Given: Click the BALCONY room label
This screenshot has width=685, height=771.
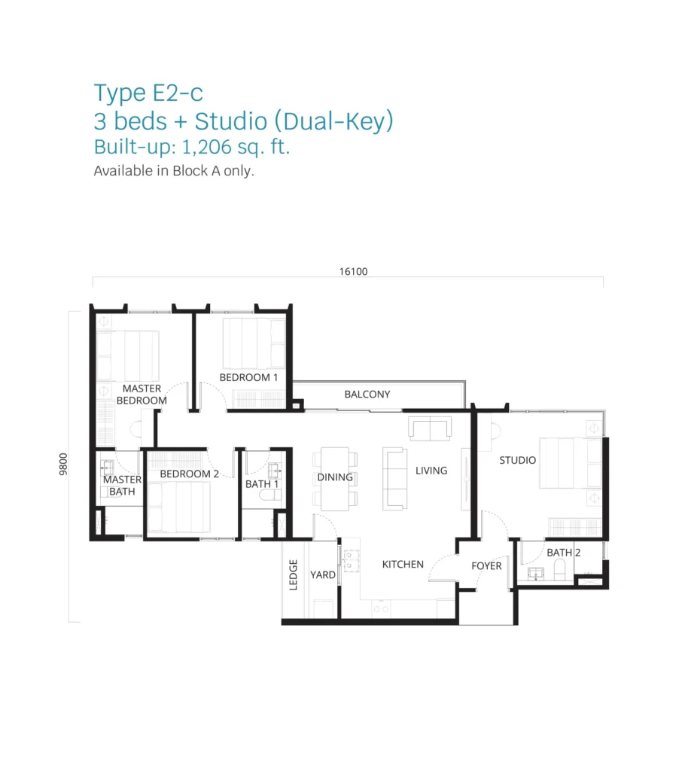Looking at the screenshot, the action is pos(367,395).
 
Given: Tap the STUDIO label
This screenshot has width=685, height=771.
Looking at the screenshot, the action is pos(517,460).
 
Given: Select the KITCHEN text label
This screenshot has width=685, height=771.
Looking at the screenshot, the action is pos(403,565).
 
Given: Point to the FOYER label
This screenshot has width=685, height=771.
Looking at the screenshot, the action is pos(486,566).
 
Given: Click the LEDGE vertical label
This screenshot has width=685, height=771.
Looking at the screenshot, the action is pos(294,574).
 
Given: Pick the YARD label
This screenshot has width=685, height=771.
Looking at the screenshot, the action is pos(323,574).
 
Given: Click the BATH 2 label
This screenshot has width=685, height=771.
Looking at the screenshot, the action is pos(564,553).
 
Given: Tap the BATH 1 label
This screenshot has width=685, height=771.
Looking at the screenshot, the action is pos(262,484).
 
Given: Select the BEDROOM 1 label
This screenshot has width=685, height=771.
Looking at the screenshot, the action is pos(248,378).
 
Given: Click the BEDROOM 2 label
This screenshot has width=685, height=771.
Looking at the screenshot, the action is pos(190,474).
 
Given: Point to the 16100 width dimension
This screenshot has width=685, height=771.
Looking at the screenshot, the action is pos(353,271).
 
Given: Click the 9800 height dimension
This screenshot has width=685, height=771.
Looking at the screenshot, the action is pos(63,464).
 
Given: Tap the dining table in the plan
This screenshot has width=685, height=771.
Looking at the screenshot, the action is pos(335,478).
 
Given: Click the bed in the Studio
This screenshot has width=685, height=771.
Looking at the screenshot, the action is pos(571,463).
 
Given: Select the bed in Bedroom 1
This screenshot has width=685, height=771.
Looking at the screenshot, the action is pos(254,343).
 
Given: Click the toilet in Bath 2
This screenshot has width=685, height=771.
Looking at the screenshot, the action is pos(560,569).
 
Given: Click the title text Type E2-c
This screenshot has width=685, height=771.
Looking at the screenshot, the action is pos(148,93).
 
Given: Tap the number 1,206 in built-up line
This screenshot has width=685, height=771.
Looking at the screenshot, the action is pos(206,147).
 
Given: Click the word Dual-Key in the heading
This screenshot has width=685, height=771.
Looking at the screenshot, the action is pos(334,121).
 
